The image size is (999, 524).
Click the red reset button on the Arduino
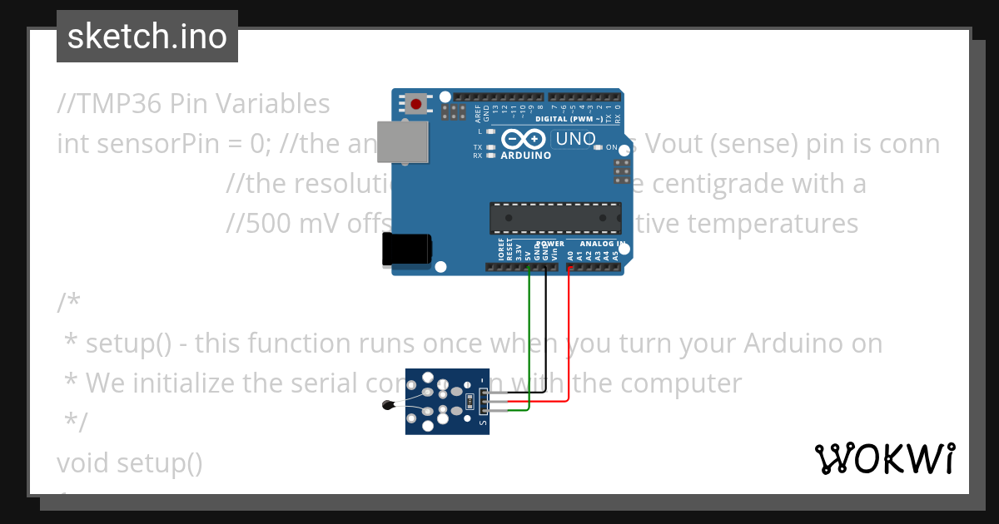pos(415,104)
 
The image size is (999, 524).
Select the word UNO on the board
pos(575,139)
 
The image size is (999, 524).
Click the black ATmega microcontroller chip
pos(554,217)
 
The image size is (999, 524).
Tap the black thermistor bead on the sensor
pos(386,406)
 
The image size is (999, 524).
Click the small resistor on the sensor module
pos(471,402)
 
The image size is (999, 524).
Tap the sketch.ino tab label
pos(147,37)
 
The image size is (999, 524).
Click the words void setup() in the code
pos(130,462)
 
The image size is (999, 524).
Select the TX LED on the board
pos(490,147)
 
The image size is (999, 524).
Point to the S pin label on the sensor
pos(484,423)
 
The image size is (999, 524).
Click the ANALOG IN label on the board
pos(603,244)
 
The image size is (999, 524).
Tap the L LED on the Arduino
pos(490,131)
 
